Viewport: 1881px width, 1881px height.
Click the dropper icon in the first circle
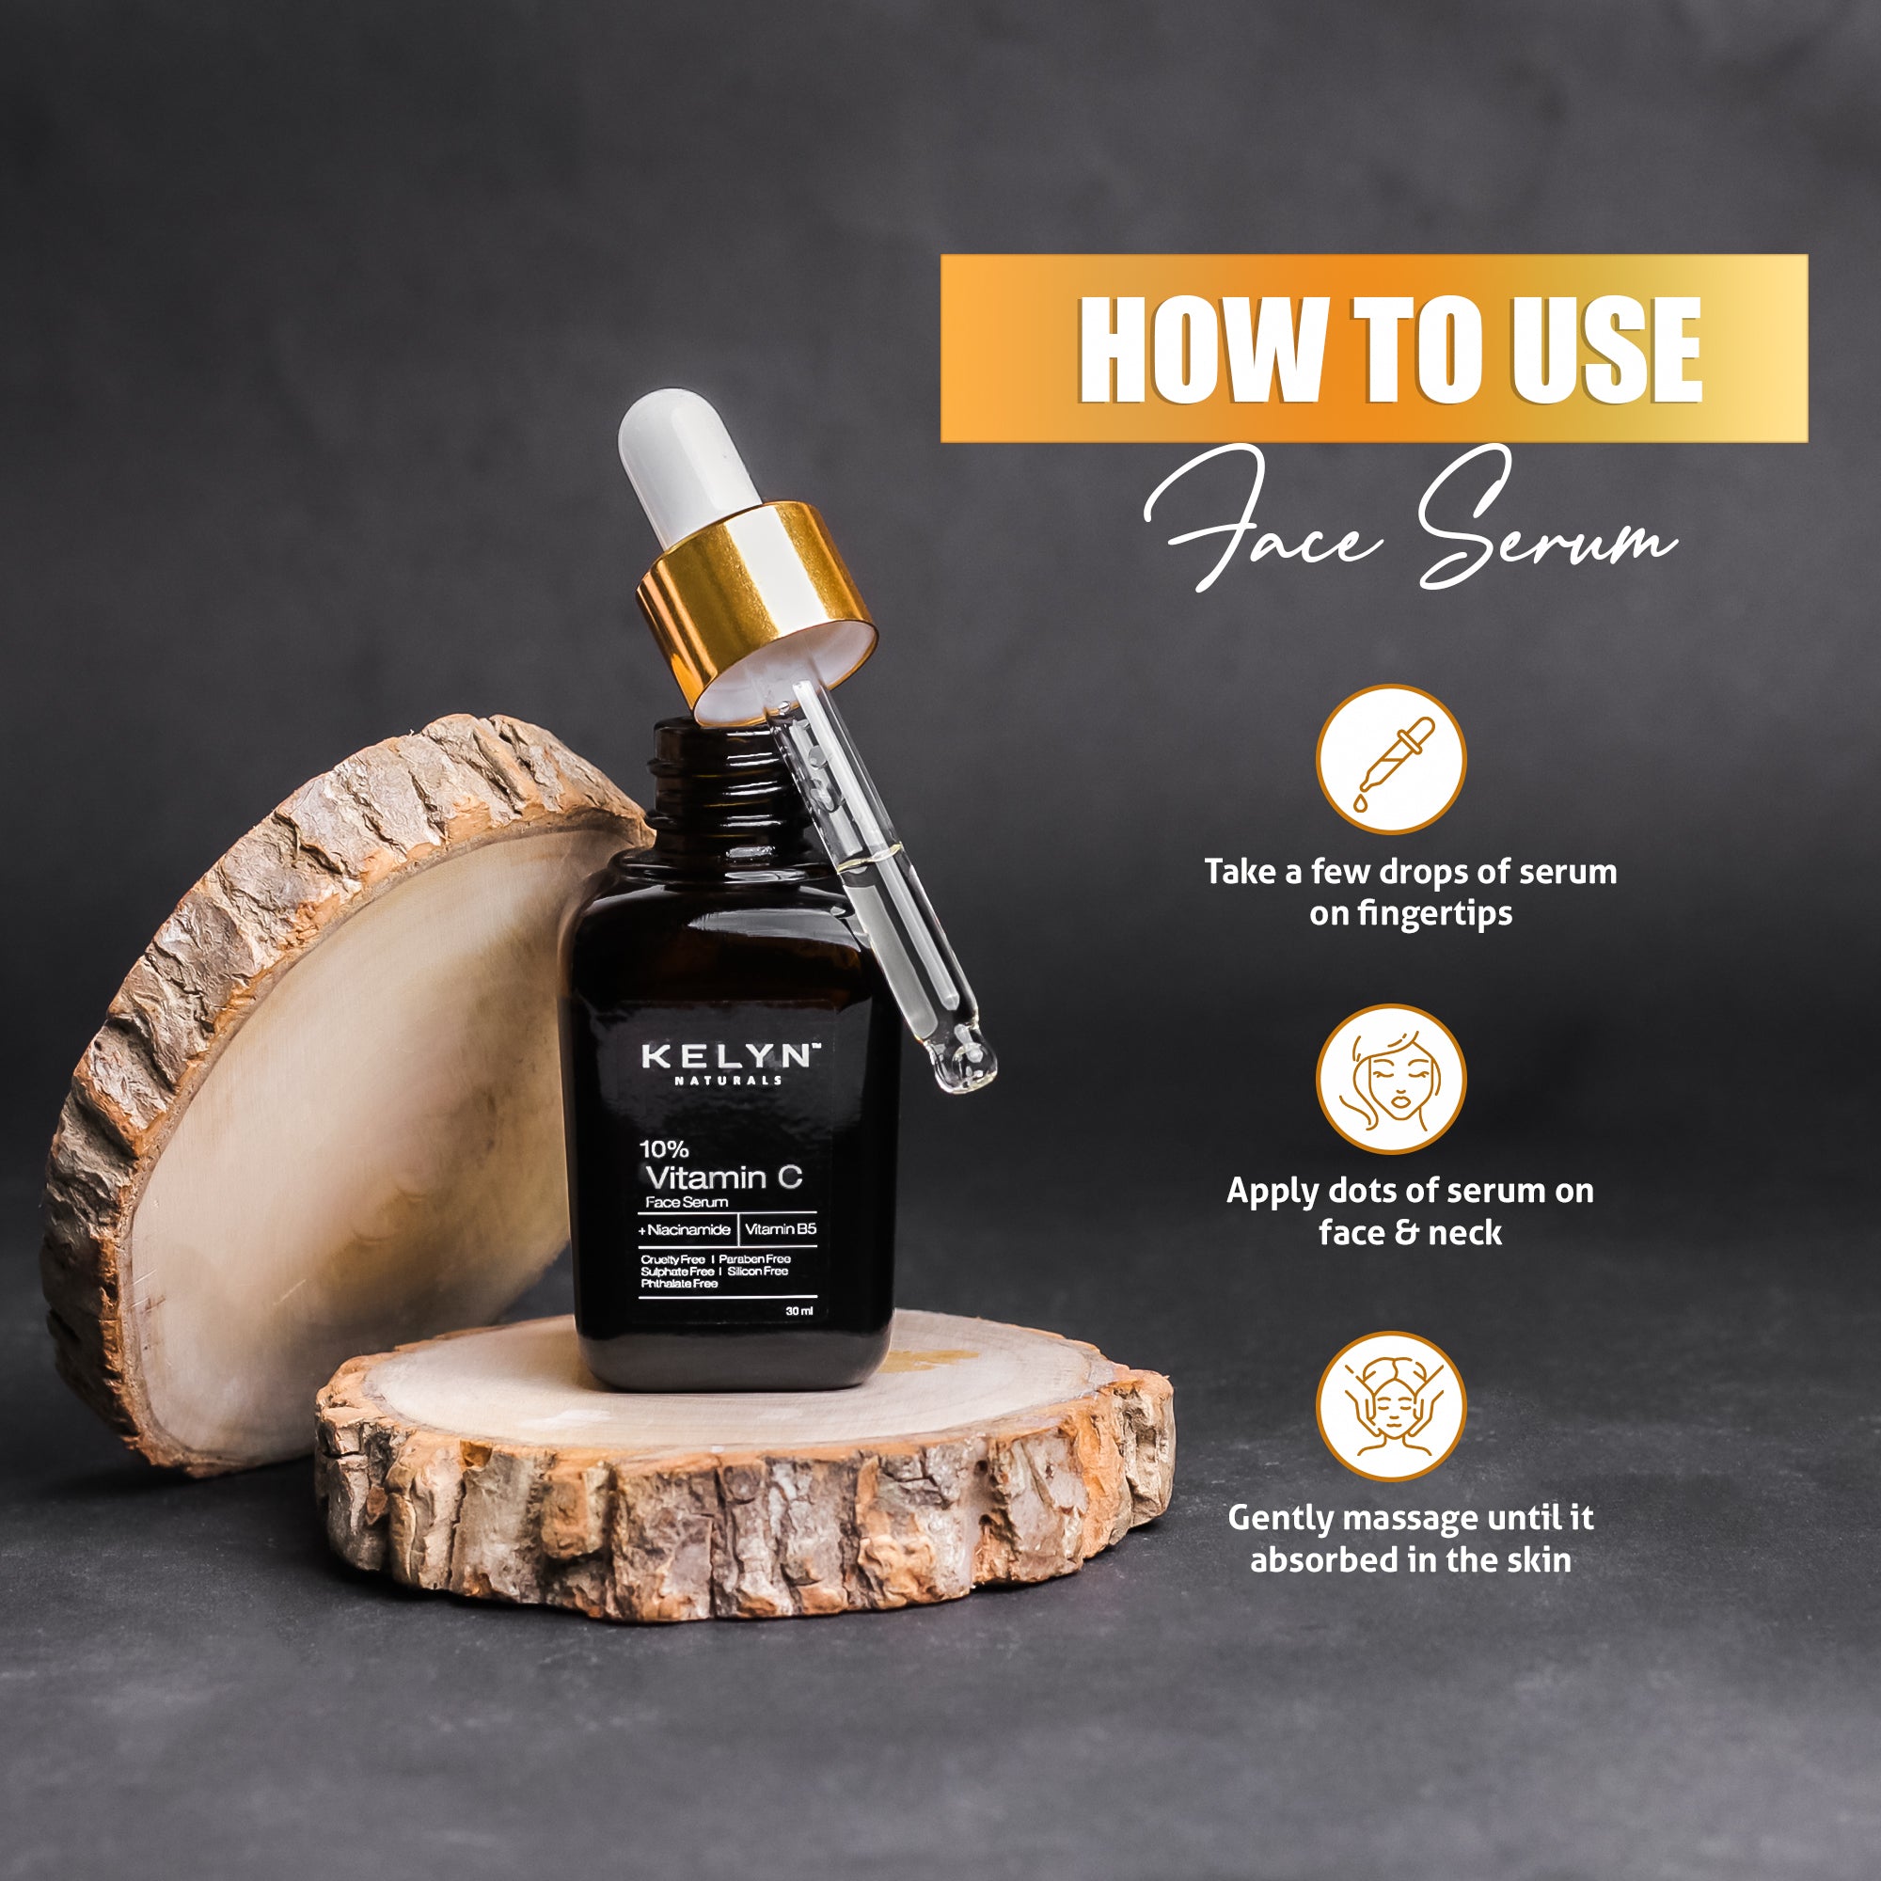(x=1391, y=760)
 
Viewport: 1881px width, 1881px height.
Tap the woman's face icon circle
(x=1391, y=1080)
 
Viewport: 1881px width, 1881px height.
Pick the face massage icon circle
(x=1391, y=1406)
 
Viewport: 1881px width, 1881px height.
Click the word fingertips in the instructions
(x=1411, y=913)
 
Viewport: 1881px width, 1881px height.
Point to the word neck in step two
(x=1465, y=1234)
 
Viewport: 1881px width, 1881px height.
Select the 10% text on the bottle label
(x=663, y=1149)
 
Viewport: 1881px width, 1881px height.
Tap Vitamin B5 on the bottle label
(x=780, y=1229)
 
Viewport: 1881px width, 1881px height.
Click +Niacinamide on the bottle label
(x=685, y=1229)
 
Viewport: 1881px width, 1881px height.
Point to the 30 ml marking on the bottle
(x=799, y=1311)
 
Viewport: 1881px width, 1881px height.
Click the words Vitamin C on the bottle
(x=723, y=1178)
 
